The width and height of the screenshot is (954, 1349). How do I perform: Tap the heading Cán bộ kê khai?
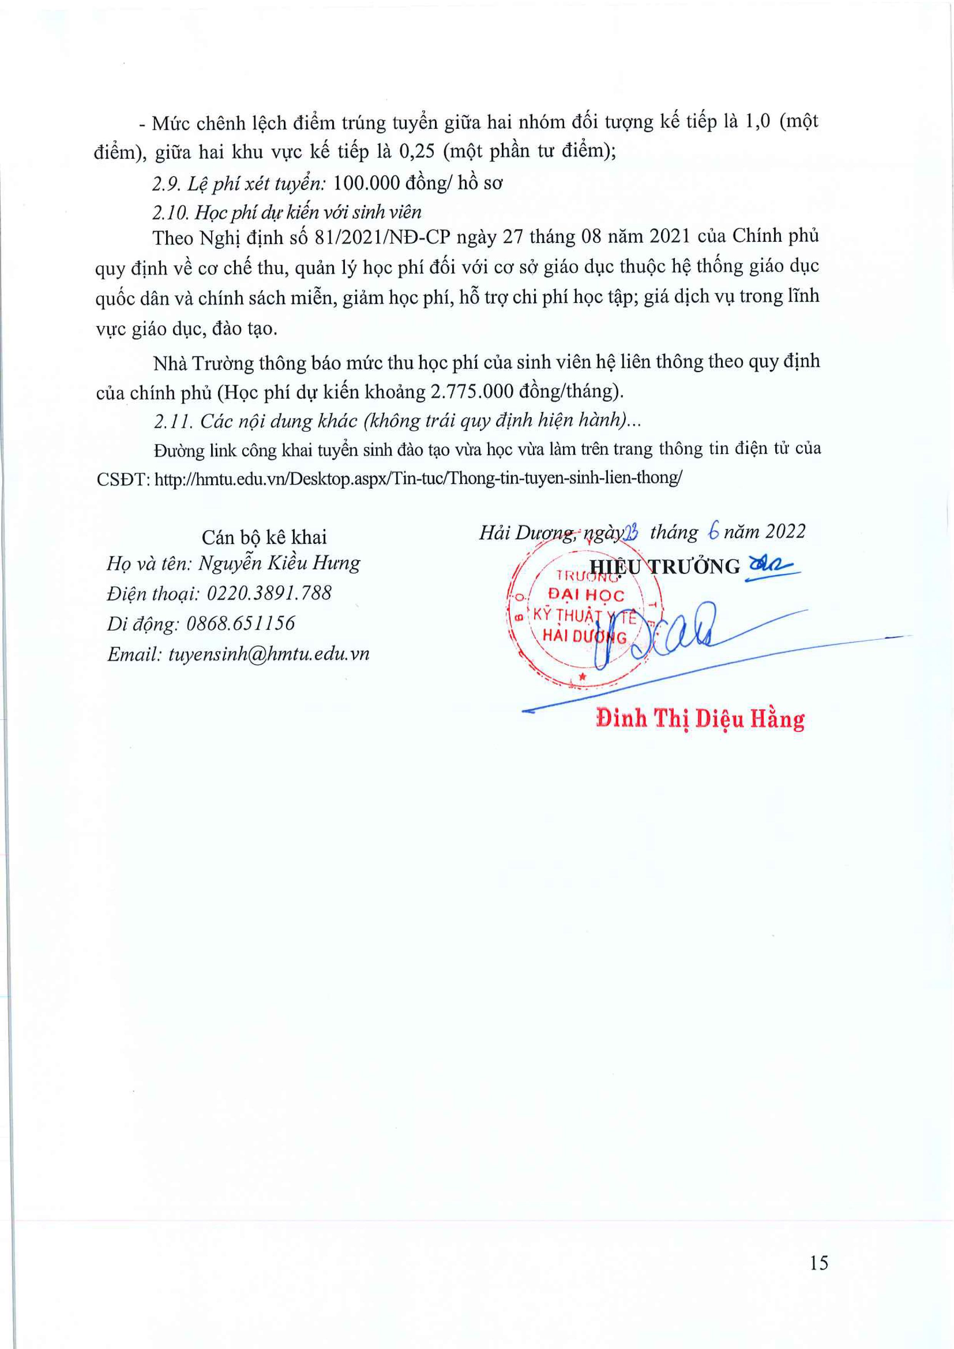[x=264, y=536]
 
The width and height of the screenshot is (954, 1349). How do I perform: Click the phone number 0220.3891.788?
[x=269, y=593]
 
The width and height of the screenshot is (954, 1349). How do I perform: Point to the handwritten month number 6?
[x=714, y=532]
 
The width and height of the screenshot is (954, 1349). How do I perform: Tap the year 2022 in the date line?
[x=785, y=531]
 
